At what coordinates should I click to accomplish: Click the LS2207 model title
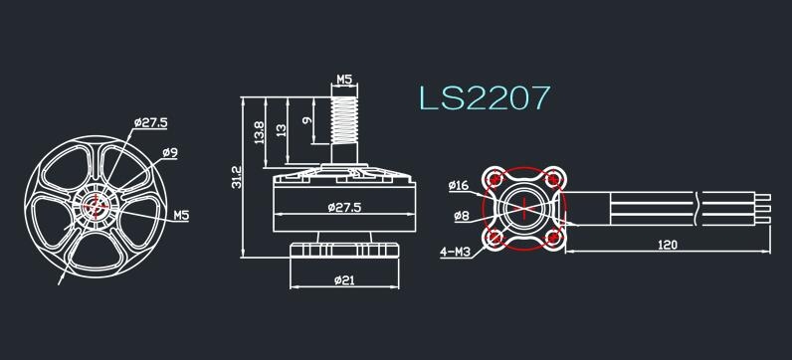pos(484,97)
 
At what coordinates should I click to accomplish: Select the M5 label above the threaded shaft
pos(344,79)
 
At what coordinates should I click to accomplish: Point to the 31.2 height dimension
pos(236,176)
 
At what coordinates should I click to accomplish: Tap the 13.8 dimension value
pos(260,131)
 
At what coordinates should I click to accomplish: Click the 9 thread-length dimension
pos(307,121)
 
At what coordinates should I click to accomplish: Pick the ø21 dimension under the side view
pos(343,279)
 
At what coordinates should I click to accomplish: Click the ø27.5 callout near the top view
pos(152,122)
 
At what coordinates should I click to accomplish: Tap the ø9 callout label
pos(169,153)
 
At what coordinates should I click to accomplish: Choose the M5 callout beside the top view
pos(182,214)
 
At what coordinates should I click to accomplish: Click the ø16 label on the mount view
pos(459,185)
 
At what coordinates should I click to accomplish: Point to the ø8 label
pos(461,215)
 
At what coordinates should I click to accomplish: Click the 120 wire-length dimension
pos(668,244)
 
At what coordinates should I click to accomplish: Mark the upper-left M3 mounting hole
pos(494,180)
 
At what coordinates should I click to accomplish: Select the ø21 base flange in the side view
pos(343,250)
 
